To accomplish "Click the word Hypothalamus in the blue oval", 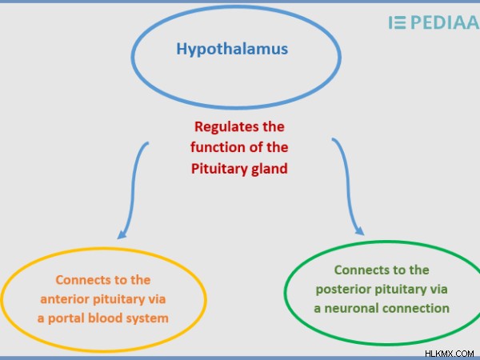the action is coord(232,50).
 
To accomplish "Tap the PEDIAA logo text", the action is coord(445,22).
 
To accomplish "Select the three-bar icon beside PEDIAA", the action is coord(398,22).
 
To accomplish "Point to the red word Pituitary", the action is coord(219,169).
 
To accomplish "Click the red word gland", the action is coord(270,169).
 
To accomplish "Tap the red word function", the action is coord(217,147).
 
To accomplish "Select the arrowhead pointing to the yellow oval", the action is coord(122,234).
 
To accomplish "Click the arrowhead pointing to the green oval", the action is coord(360,230).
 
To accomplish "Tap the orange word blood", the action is coord(105,318).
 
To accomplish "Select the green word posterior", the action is coord(342,290).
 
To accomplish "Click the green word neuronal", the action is coord(351,308).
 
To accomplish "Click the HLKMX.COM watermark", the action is coord(450,354).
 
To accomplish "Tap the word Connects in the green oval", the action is coord(358,270).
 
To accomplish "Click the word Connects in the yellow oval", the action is coord(79,280).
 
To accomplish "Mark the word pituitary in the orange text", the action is coord(119,299).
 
